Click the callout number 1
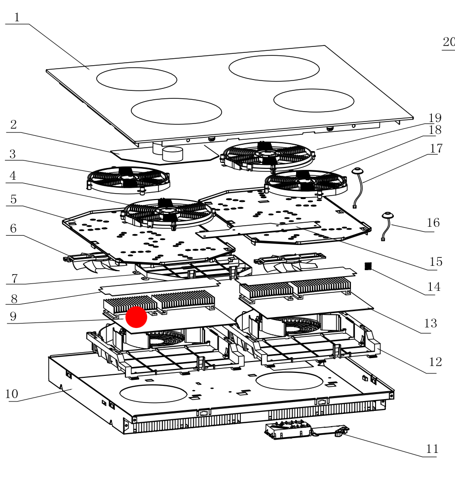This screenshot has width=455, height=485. coord(16,18)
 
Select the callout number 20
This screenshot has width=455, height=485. coord(448,42)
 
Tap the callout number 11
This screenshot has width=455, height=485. coord(432,449)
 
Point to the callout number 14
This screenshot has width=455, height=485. coord(433,287)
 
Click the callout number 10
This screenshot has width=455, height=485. coord(11,394)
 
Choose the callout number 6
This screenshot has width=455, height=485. coord(13,228)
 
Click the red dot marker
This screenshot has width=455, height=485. coord(136,317)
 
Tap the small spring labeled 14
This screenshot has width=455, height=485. coord(367,266)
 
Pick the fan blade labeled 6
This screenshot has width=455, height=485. coord(91,261)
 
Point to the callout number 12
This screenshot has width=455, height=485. coord(435,362)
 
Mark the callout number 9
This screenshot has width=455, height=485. coord(13,317)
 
